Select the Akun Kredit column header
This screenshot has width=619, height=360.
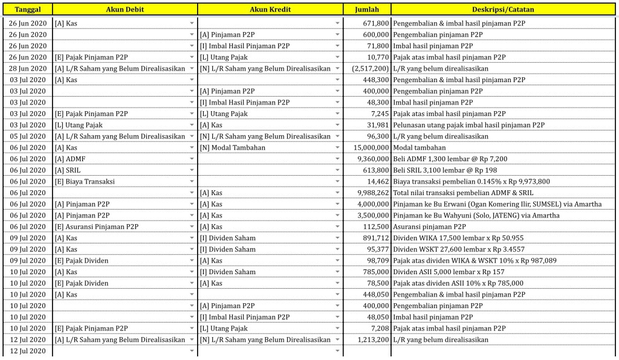pos(270,10)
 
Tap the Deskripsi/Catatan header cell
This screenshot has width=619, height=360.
pos(503,10)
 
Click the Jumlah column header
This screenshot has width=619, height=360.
pos(367,10)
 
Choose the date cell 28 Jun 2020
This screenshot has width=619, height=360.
pos(28,68)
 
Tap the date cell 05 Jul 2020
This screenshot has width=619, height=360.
pos(28,137)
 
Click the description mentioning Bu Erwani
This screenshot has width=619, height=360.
pos(497,204)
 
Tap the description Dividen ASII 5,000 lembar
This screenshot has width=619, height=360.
pos(448,272)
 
